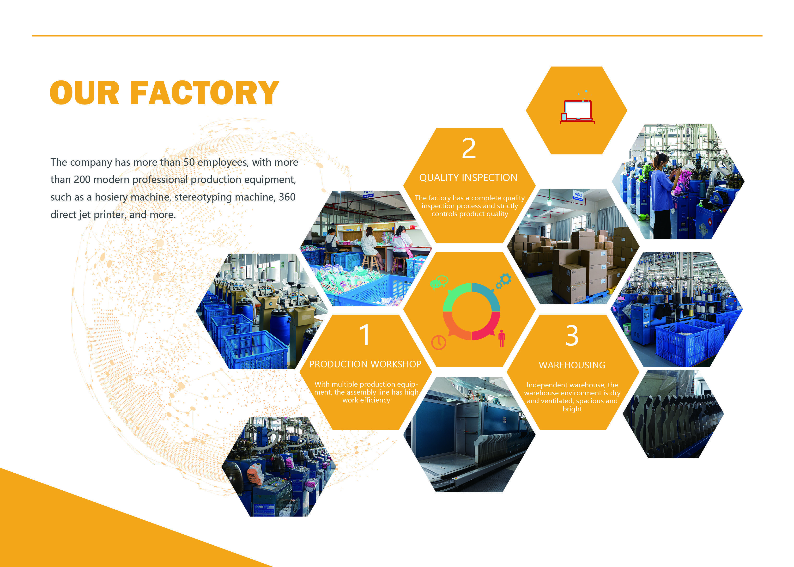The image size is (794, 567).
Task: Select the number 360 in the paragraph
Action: point(287,197)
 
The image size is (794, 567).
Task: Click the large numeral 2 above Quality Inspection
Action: point(469,148)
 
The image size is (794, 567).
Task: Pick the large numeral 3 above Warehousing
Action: point(572,335)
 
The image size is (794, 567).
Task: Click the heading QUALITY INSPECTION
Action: point(468,178)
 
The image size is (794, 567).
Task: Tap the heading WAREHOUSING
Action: point(572,365)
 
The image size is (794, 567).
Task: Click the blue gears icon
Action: point(504,281)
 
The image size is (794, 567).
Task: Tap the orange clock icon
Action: point(438,342)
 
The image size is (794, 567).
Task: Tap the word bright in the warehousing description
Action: point(572,409)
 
